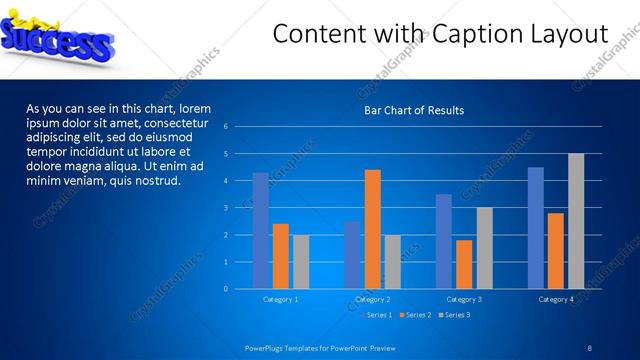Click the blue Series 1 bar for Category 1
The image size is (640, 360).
point(261,231)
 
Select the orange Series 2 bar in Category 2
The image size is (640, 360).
point(372,229)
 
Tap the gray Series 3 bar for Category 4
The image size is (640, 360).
point(576,221)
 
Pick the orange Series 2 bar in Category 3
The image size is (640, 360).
point(464,264)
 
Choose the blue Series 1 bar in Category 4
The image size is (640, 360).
point(536,228)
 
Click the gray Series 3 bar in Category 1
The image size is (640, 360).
point(301,262)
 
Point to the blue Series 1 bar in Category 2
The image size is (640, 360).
point(352,255)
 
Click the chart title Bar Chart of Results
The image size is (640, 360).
point(413,110)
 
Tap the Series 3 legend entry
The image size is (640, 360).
point(453,315)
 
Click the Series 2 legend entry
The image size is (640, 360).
point(415,315)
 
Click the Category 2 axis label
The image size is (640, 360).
point(371,299)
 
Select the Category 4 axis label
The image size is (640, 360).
point(556,299)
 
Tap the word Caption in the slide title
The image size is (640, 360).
point(471,35)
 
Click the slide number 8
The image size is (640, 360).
point(589,347)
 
